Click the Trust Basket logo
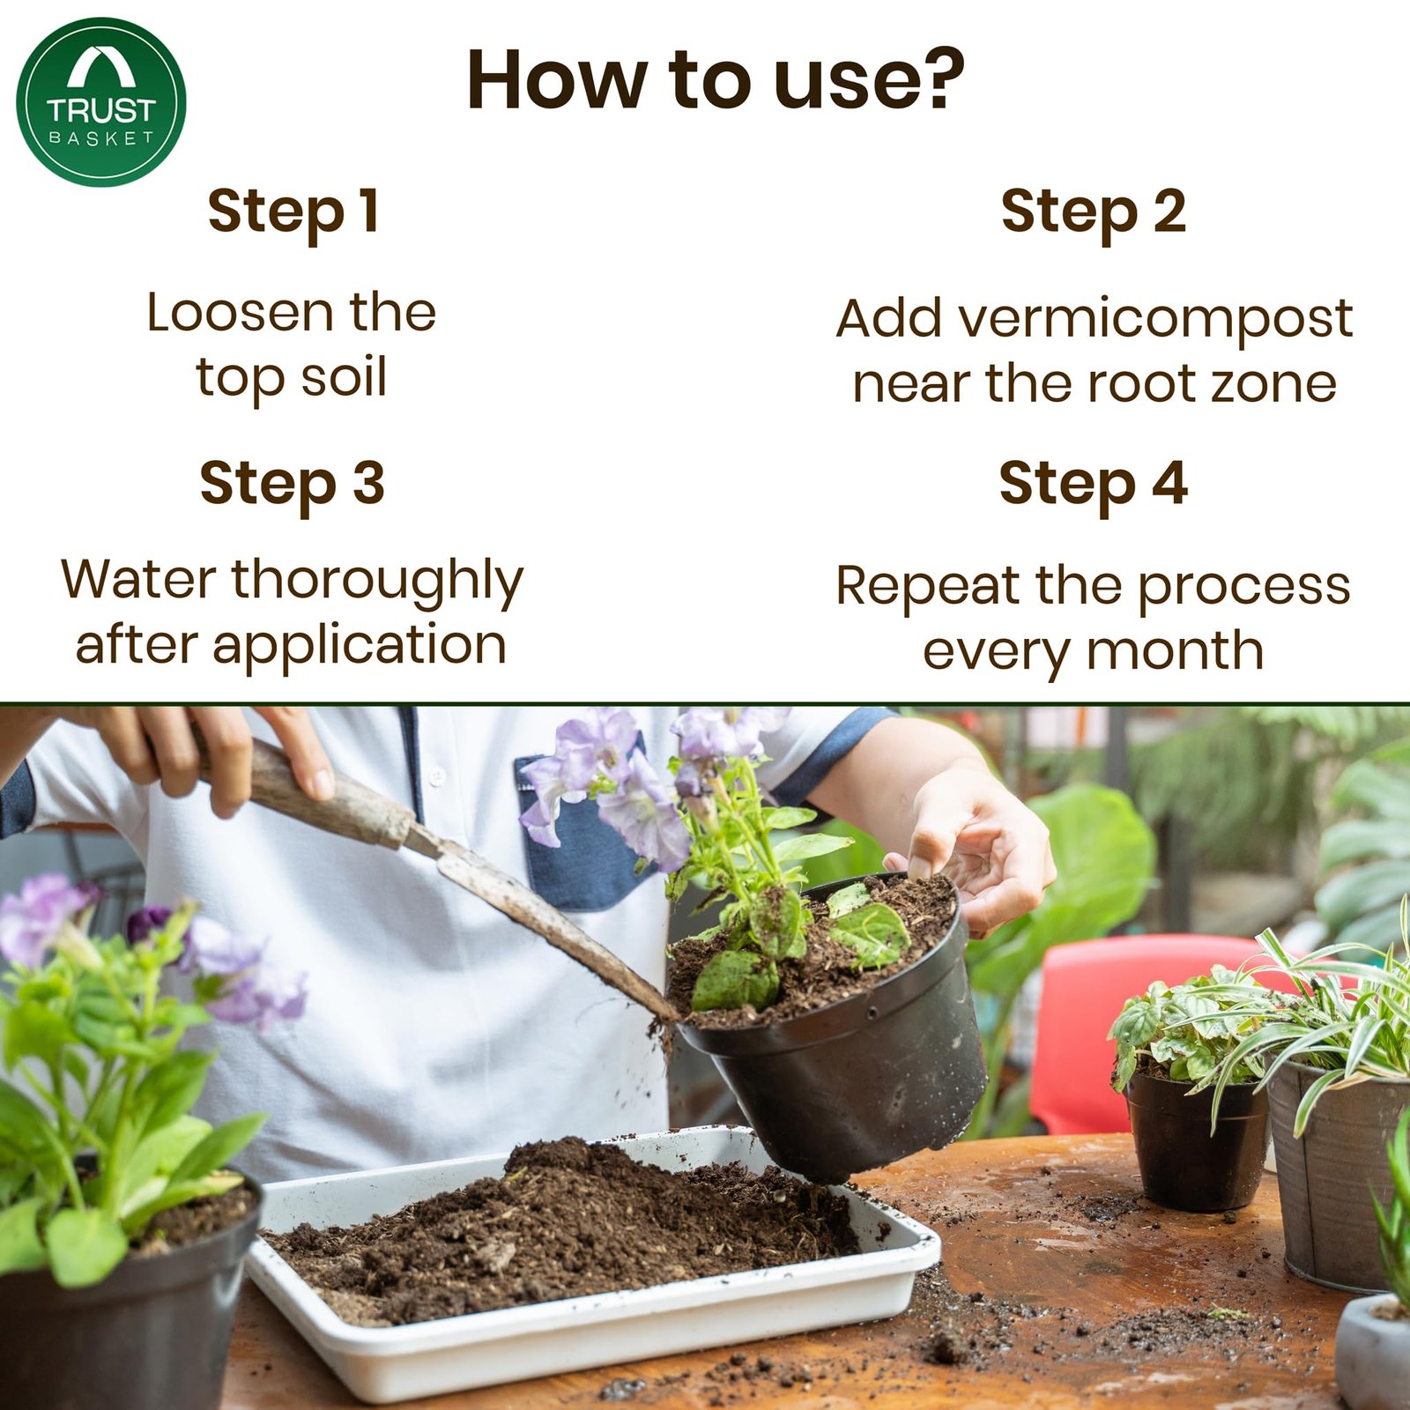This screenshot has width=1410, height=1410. click(100, 102)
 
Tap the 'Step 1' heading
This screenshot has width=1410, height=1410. click(293, 211)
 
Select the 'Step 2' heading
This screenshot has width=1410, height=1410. click(1093, 211)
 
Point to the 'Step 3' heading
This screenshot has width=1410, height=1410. click(292, 483)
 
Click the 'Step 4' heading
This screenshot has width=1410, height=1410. click(1093, 483)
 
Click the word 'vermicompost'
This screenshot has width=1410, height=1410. click(1155, 318)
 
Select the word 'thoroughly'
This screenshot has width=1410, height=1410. click(377, 582)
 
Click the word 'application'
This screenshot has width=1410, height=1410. click(359, 646)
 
